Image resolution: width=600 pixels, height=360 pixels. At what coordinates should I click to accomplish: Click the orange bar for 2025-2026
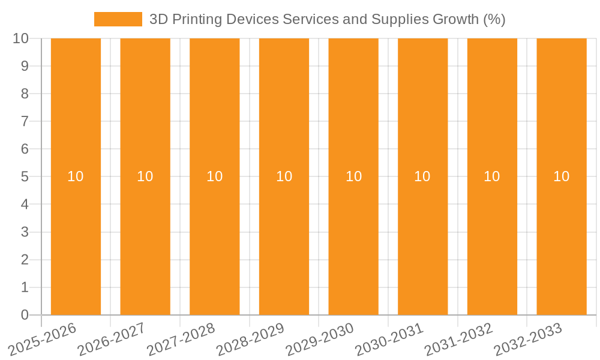click(76, 120)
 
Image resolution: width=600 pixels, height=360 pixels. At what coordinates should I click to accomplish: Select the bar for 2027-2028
click(214, 120)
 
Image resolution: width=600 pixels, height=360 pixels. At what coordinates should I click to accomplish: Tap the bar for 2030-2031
click(422, 120)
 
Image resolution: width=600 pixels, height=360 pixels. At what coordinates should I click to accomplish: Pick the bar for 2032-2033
click(561, 120)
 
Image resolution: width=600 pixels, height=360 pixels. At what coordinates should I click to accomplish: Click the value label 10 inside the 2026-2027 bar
click(145, 176)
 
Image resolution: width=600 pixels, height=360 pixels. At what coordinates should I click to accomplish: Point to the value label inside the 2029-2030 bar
click(353, 176)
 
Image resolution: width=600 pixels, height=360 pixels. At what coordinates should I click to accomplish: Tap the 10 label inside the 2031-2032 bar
click(492, 176)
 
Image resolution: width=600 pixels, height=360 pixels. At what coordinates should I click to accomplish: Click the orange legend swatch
click(118, 19)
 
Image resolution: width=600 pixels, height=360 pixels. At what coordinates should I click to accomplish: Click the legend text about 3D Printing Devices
click(327, 19)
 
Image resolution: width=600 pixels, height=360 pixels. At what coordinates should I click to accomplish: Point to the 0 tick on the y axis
click(25, 315)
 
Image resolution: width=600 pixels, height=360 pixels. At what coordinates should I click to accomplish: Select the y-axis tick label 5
click(25, 177)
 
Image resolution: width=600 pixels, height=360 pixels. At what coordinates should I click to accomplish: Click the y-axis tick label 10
click(21, 38)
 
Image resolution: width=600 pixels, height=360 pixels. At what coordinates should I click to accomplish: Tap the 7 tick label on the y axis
click(25, 121)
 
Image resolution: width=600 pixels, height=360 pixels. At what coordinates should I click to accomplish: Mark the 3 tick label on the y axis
click(25, 232)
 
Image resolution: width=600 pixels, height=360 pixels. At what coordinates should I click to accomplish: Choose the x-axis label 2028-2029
click(251, 338)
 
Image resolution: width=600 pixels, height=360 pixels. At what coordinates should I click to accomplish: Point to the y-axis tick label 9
click(25, 66)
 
